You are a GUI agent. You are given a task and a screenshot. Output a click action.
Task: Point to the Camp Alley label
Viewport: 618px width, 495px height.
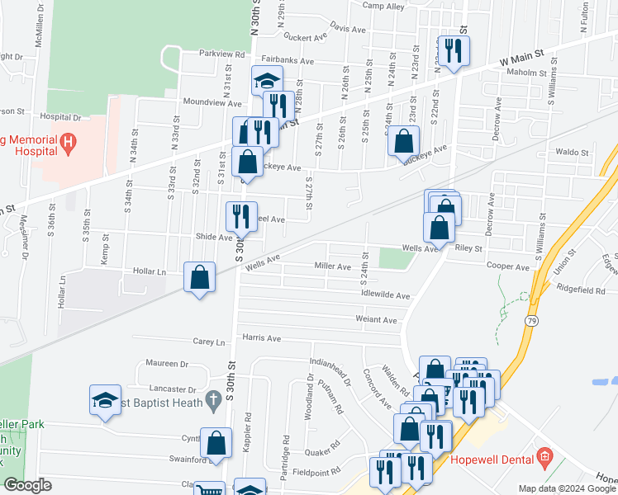pyautogui.click(x=383, y=6)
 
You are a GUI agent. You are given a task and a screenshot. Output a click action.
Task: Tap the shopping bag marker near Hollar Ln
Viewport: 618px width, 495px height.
pyautogui.click(x=200, y=277)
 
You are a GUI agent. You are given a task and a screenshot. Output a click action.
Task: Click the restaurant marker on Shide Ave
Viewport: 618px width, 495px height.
pyautogui.click(x=241, y=217)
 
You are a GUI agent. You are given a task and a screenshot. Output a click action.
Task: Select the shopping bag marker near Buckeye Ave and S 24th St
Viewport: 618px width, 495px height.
pyautogui.click(x=403, y=141)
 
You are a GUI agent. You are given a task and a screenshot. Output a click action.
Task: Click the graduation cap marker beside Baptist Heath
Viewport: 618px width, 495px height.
pyautogui.click(x=105, y=400)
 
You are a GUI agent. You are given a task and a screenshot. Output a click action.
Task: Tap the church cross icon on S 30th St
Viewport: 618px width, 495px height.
pyautogui.click(x=212, y=401)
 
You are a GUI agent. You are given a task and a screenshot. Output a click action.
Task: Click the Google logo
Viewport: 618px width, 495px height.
pyautogui.click(x=26, y=485)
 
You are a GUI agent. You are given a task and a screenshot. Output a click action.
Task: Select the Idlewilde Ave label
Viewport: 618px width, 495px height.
pyautogui.click(x=386, y=295)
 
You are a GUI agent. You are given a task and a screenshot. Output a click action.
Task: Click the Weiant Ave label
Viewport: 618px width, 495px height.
pyautogui.click(x=376, y=320)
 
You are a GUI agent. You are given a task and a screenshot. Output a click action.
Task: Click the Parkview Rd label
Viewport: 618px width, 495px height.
pyautogui.click(x=222, y=54)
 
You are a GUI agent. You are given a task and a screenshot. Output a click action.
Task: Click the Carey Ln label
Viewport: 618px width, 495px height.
pyautogui.click(x=209, y=342)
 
